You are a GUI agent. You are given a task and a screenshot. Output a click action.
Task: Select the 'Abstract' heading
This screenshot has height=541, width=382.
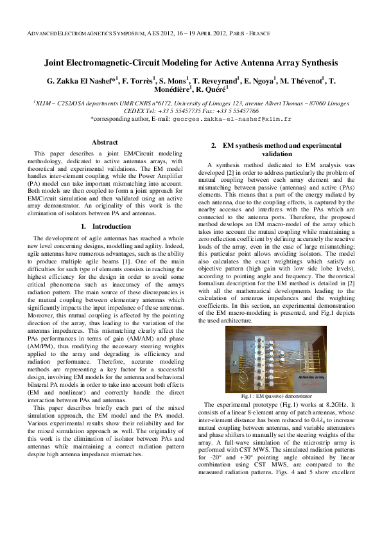(105, 142)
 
